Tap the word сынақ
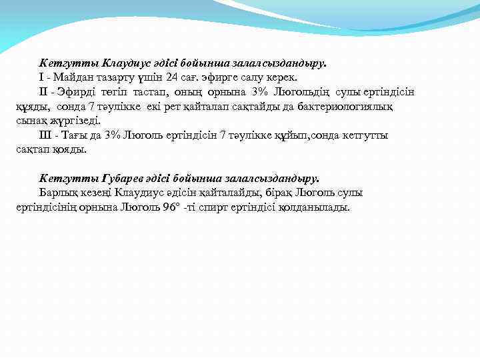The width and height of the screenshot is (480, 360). pos(30,121)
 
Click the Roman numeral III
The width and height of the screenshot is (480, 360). pos(46,136)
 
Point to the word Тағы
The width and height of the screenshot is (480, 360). pos(79,136)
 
